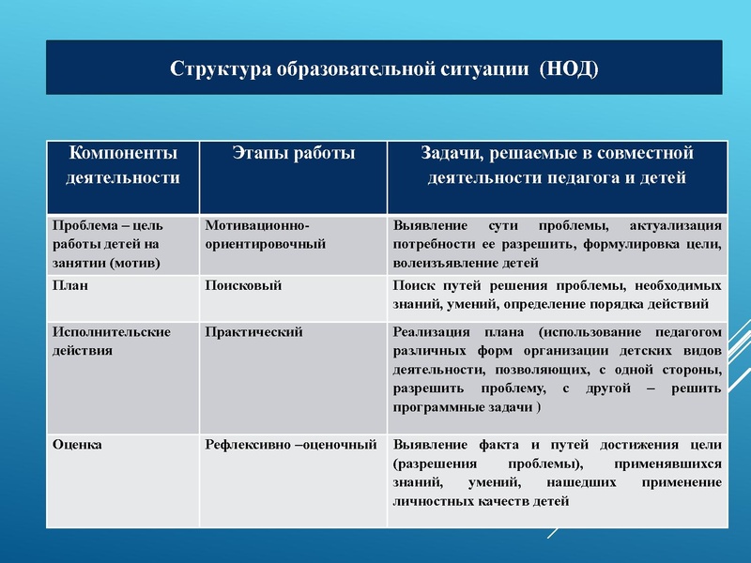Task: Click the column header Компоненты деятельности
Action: click(123, 164)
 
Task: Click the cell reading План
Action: click(70, 285)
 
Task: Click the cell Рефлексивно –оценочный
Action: click(291, 445)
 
